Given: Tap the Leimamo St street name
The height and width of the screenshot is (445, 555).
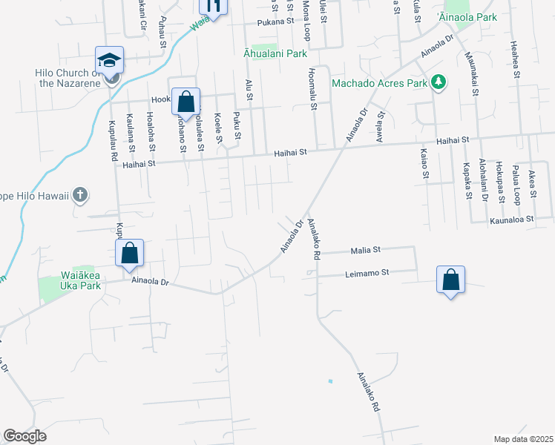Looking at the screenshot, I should (x=367, y=273).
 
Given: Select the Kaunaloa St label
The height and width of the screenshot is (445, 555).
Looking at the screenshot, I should (x=512, y=220).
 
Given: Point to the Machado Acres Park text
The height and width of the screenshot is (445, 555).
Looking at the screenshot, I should (x=379, y=83).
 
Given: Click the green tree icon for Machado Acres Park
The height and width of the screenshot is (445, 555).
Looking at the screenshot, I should (x=439, y=82).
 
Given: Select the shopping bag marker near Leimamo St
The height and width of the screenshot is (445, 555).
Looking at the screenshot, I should (x=450, y=280).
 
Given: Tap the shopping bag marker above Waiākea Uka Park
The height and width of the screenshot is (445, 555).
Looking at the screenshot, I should (x=130, y=253).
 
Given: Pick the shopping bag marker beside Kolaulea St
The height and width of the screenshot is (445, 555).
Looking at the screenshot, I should (x=186, y=102).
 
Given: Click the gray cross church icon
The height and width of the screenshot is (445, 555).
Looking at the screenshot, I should (x=81, y=196).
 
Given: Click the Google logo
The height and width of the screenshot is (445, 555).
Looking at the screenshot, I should (x=24, y=436).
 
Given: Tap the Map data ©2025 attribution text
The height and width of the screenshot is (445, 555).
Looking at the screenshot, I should (x=523, y=439).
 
